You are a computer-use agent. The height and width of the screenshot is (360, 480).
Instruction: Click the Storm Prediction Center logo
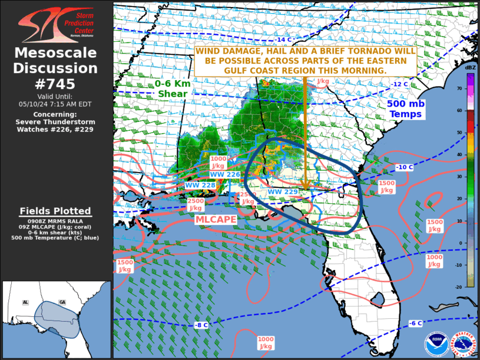click(55, 25)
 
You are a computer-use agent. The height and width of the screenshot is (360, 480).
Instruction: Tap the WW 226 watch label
click(225, 174)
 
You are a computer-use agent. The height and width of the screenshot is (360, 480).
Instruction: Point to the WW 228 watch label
click(200, 185)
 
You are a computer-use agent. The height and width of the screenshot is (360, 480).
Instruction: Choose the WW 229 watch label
click(283, 191)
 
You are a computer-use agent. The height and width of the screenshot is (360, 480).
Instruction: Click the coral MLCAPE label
click(216, 219)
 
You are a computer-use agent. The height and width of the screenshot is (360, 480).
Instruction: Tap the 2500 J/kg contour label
click(196, 204)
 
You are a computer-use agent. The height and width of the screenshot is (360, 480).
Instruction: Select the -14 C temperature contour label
click(284, 40)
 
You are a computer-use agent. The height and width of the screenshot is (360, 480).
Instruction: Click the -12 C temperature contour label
click(399, 84)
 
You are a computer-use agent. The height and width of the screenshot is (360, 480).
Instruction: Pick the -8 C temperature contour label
click(201, 325)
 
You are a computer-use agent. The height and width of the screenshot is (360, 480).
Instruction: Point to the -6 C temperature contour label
click(415, 323)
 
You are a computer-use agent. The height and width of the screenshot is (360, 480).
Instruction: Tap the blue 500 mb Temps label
click(406, 108)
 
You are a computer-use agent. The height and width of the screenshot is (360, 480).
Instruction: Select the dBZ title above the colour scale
click(470, 69)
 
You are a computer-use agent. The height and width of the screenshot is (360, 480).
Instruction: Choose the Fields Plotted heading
click(55, 211)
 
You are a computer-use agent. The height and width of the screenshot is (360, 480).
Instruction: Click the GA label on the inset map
click(62, 302)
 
